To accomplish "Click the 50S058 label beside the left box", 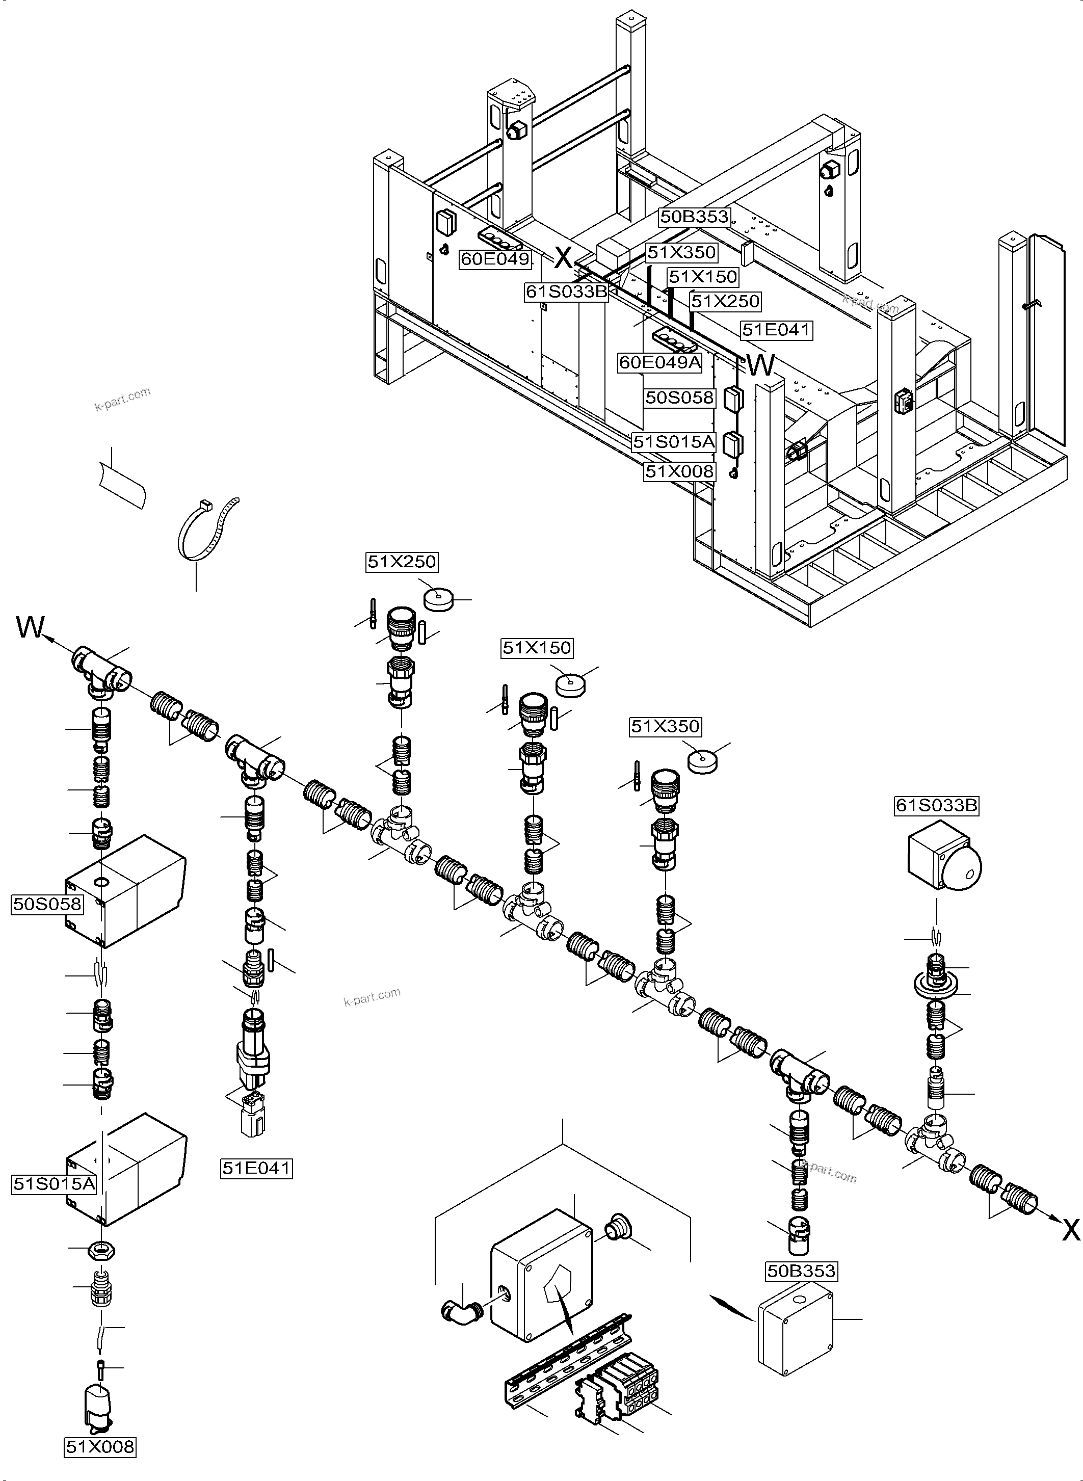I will tap(47, 904).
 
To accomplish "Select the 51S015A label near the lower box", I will tap(55, 1183).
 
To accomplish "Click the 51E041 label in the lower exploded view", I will tap(256, 1168).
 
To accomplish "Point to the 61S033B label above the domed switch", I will tap(936, 805).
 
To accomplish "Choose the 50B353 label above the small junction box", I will tap(802, 1271).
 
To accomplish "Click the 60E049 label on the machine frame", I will tap(494, 259).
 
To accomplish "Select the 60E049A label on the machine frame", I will tap(660, 362).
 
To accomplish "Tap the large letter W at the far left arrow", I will tap(30, 627).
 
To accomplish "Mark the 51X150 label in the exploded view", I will tap(537, 648).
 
